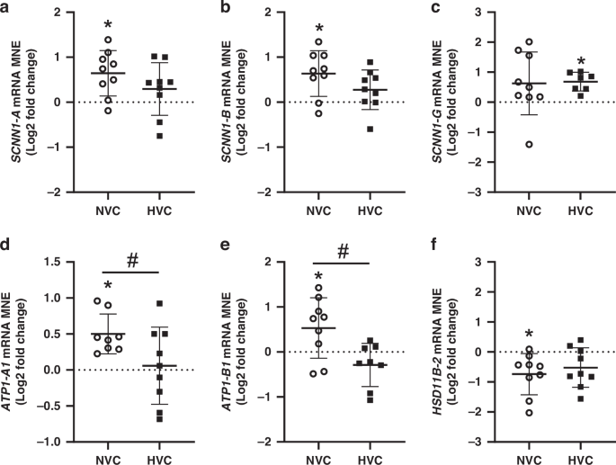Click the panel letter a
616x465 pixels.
click(7, 7)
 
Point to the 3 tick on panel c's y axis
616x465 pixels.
click(483, 13)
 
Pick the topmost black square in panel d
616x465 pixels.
click(158, 304)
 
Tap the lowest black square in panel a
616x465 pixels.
click(158, 136)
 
